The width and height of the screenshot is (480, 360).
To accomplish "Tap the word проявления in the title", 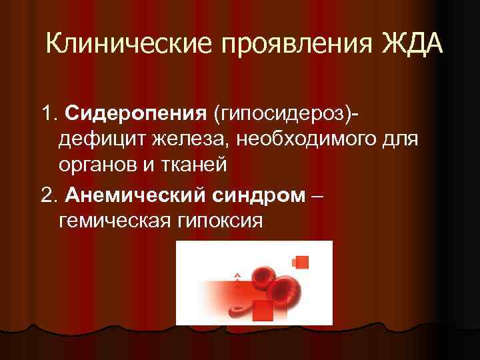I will tap(282, 45).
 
